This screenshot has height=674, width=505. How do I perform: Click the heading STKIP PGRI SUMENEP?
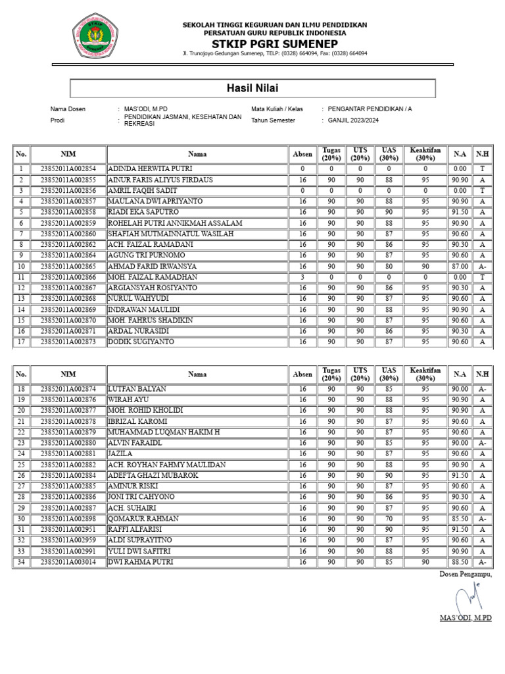coord(275,43)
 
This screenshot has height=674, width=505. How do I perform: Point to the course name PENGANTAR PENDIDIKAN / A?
coord(371,109)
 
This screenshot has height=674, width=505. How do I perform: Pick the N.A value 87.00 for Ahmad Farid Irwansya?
coord(460,266)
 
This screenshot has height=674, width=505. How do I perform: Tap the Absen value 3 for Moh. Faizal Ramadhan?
coord(302,277)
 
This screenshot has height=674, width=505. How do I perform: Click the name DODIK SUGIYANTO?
coord(141,342)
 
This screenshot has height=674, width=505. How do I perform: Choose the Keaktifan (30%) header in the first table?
coord(425,154)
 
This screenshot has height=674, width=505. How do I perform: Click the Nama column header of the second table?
coord(197,375)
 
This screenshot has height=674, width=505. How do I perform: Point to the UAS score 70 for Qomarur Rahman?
coord(389,519)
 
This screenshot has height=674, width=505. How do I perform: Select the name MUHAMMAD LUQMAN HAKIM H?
coord(164,432)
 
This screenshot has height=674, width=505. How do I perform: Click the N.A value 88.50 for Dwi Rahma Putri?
coord(460,561)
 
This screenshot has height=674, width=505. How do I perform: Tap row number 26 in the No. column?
coord(21,475)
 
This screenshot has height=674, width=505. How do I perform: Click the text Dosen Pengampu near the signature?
coord(465,575)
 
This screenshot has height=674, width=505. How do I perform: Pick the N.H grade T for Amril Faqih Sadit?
coord(482,191)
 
